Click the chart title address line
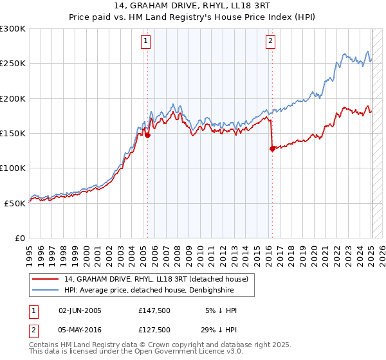coord(193,6)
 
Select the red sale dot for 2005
coord(147,135)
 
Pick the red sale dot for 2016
coord(272,148)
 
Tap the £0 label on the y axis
coord(21,238)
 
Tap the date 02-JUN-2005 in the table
coord(80,310)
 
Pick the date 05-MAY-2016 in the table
coord(80,330)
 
